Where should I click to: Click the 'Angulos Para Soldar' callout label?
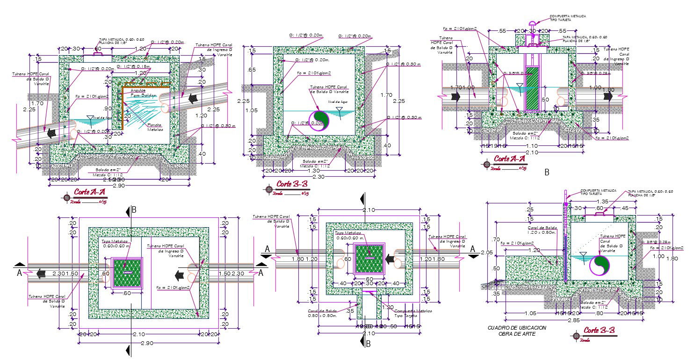point(138,93)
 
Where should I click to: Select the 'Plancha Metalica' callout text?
point(154,127)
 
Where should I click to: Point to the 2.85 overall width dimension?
point(565,320)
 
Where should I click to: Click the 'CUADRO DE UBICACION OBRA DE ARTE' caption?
point(516,331)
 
